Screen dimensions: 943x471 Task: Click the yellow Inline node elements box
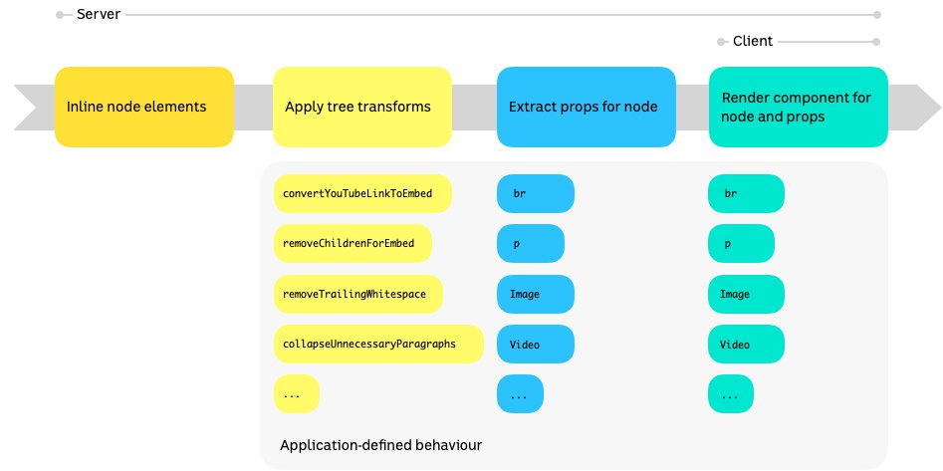coord(144,108)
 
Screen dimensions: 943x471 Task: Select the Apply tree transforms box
coord(362,108)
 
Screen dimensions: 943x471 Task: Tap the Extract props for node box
coord(587,108)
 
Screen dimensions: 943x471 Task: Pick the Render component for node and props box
coord(799,108)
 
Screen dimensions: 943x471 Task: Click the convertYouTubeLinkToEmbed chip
coord(362,194)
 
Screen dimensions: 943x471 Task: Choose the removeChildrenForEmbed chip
coord(354,244)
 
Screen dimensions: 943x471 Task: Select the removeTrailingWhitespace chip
coord(358,294)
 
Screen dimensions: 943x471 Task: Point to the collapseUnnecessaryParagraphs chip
coord(378,345)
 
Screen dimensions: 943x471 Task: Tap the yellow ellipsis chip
coord(297,394)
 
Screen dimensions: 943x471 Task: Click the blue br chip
coord(536,194)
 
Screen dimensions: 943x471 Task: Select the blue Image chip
coord(536,294)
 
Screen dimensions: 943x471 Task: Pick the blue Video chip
coord(536,345)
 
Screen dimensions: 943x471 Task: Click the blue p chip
coord(531,244)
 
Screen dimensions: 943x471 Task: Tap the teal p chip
coord(741,244)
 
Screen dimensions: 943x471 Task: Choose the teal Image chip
coord(747,294)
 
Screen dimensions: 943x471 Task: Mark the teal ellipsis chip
coord(731,394)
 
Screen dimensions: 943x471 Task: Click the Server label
coord(99,14)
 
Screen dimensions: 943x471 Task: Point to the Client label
coord(753,42)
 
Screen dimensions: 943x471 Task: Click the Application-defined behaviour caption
coord(381,446)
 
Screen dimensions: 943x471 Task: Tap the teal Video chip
coord(747,345)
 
